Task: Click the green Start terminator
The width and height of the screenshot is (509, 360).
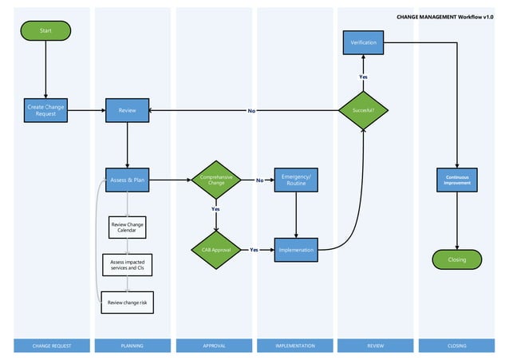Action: pyautogui.click(x=46, y=30)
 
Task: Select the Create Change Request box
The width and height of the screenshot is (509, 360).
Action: pyautogui.click(x=46, y=110)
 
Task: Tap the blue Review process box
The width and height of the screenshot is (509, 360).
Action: pyautogui.click(x=128, y=110)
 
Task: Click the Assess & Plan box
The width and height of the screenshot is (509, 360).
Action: pyautogui.click(x=128, y=180)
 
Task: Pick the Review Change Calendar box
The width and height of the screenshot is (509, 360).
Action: pyautogui.click(x=128, y=227)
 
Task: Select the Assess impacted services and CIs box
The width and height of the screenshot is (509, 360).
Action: pyautogui.click(x=128, y=265)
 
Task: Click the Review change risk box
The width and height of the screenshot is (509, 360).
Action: pyautogui.click(x=128, y=302)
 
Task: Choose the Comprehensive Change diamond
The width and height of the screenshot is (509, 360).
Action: pyautogui.click(x=216, y=180)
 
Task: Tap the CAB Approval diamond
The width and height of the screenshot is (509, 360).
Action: pyautogui.click(x=216, y=249)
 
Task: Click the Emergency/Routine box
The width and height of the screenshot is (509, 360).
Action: pyautogui.click(x=297, y=180)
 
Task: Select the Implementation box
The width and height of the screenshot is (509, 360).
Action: pyautogui.click(x=297, y=250)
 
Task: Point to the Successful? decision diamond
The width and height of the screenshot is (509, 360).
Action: pyautogui.click(x=364, y=110)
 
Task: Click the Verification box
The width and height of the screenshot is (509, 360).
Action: pyautogui.click(x=364, y=42)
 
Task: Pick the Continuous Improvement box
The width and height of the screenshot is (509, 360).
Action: pyautogui.click(x=457, y=180)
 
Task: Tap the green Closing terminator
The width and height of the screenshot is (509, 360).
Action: pyautogui.click(x=457, y=259)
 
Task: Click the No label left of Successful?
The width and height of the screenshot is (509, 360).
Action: pyautogui.click(x=251, y=110)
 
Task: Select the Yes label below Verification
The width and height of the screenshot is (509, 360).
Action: pyautogui.click(x=363, y=77)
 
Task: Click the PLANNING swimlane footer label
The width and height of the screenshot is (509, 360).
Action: pyautogui.click(x=132, y=346)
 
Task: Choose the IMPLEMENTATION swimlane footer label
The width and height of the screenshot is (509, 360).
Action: pyautogui.click(x=295, y=346)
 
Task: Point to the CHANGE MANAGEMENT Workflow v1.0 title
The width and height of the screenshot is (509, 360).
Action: pyautogui.click(x=450, y=16)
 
